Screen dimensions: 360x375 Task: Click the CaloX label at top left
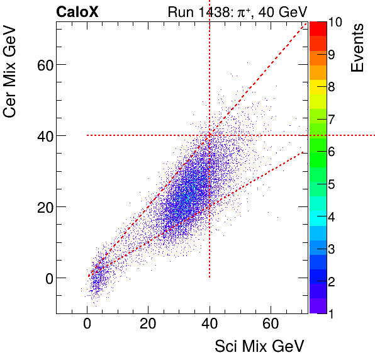(77, 12)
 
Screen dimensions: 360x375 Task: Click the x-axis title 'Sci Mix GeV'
(259, 346)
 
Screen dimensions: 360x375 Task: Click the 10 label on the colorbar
(335, 22)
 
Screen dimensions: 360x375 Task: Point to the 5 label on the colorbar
(331, 184)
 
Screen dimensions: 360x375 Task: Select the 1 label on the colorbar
(331, 313)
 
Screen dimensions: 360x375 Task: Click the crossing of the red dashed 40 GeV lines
(210, 135)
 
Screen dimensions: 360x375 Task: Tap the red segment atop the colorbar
(318, 28)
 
